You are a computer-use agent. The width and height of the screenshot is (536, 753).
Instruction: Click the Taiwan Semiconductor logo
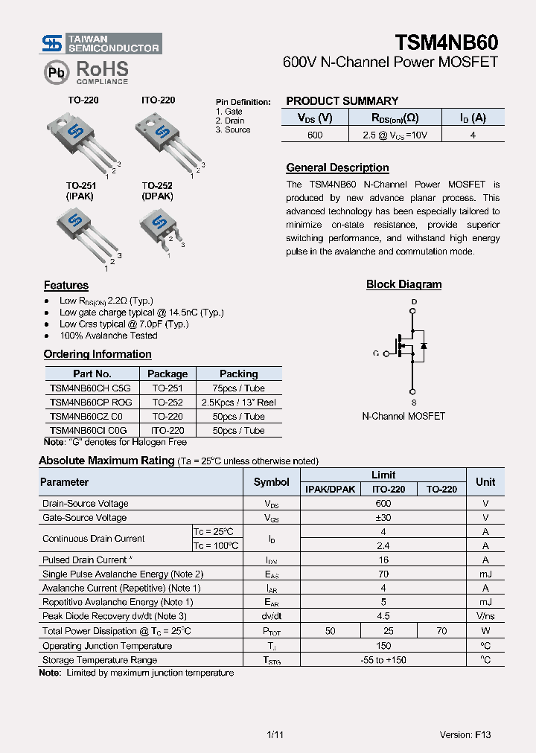(101, 43)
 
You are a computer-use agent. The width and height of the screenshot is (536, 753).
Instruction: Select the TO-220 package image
(80, 141)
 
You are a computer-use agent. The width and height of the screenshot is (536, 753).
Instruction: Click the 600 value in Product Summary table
(315, 135)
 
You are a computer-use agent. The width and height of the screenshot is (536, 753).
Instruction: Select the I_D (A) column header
(473, 118)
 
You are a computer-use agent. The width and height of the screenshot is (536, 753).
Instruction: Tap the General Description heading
(337, 168)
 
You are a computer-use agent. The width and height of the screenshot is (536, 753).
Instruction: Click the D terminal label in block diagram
(413, 301)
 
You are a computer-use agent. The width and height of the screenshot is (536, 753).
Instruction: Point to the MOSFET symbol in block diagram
(411, 345)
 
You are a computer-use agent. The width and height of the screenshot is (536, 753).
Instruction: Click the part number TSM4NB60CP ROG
(91, 402)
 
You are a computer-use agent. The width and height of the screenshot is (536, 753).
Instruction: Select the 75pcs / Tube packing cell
(238, 388)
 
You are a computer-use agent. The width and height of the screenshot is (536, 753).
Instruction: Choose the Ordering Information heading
(98, 354)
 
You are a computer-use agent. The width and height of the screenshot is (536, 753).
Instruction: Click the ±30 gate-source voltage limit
(383, 518)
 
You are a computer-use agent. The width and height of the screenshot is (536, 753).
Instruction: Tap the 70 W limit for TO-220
(441, 631)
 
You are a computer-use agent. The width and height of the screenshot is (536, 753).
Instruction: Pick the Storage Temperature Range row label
(100, 660)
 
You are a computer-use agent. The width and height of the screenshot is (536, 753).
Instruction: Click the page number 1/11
(275, 734)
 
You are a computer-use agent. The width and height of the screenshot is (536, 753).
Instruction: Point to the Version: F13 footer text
(465, 734)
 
